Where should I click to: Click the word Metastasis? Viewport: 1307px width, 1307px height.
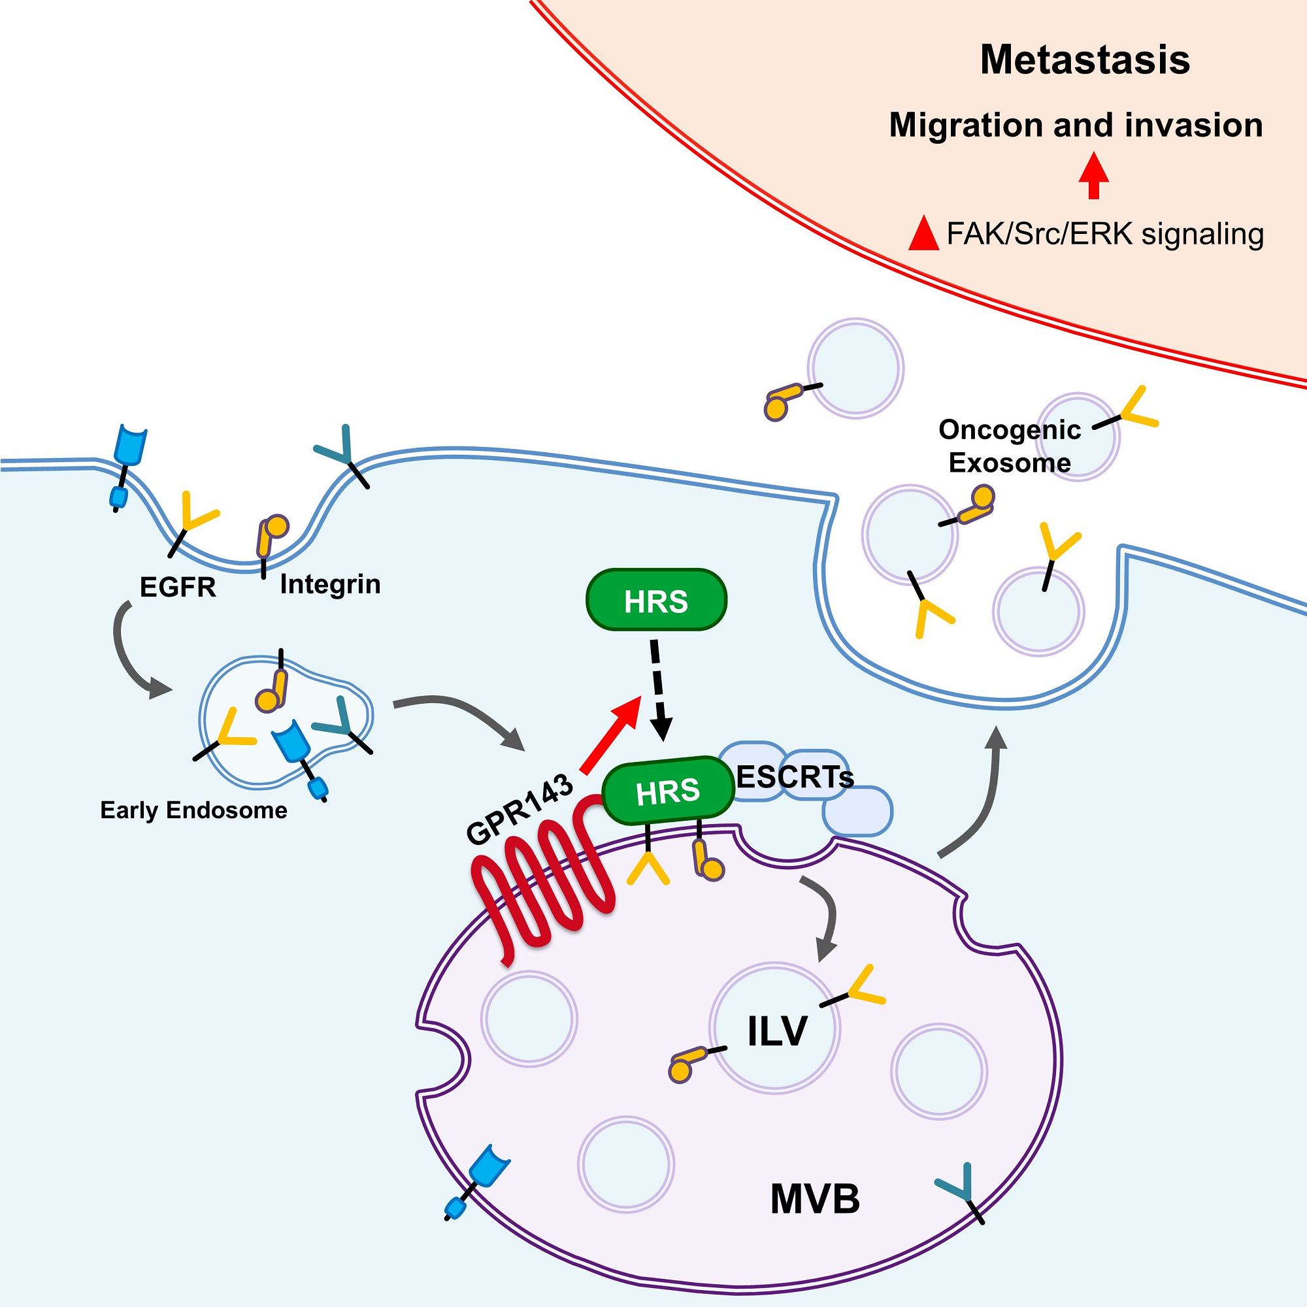pos(1084,59)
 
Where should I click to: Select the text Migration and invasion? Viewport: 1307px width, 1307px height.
pos(1076,125)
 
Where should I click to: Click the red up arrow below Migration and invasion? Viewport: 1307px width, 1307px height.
pos(1093,175)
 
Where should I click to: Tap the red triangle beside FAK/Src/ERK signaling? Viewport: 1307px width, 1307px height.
pos(923,235)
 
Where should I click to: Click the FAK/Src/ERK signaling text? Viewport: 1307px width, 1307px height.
pos(1104,234)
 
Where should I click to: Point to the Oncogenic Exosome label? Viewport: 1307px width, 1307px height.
pos(1010,446)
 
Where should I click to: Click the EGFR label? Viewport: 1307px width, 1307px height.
pos(177,587)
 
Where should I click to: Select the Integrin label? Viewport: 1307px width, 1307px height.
pos(330,584)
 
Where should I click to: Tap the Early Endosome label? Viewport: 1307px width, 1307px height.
pos(193,810)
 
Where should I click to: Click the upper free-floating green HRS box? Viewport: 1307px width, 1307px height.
pos(655,600)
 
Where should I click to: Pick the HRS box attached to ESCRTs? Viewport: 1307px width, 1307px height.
pos(668,790)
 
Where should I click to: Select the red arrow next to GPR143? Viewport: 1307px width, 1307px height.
pos(610,735)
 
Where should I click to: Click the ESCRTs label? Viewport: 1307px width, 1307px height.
pos(794,777)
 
